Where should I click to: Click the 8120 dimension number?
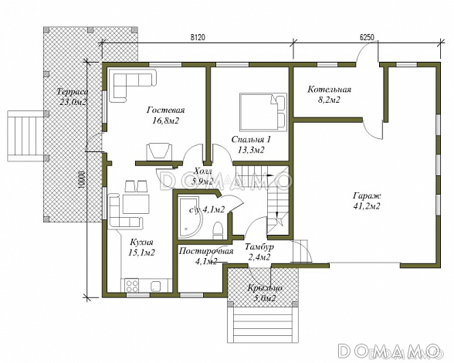198,37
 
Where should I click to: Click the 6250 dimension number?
368,37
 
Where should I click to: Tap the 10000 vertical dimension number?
82,180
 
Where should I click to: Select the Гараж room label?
367,195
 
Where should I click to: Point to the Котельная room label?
329,90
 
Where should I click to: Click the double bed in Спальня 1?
263,112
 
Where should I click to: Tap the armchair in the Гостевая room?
159,151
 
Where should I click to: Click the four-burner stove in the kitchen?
132,285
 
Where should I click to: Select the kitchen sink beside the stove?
156,286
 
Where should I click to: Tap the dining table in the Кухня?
136,204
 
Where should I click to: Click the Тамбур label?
259,247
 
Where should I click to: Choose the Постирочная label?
206,251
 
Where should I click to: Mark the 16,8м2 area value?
165,120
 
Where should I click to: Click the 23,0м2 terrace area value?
73,102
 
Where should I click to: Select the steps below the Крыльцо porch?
263,325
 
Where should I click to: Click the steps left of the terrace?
25,136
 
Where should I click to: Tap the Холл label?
203,171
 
